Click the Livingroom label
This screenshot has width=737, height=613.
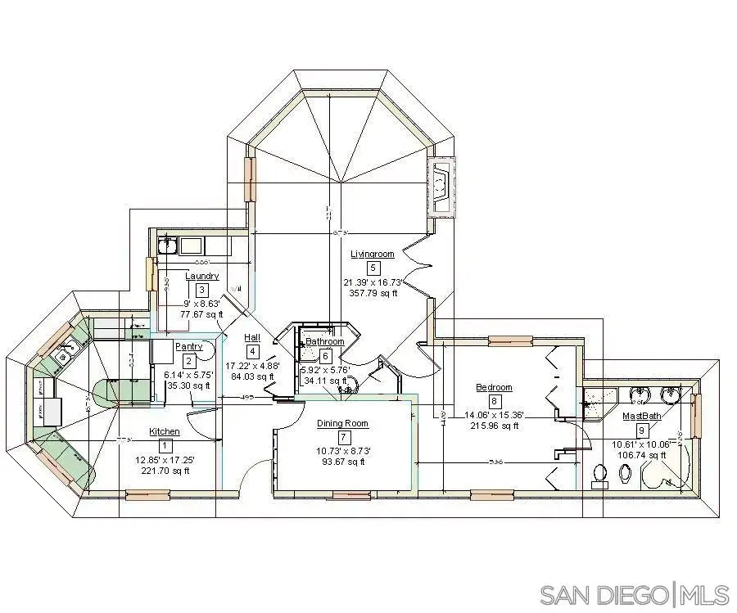point(372,254)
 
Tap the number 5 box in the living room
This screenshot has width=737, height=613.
point(373,268)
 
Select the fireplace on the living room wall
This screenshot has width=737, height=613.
point(441,187)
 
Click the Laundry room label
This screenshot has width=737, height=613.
point(201,276)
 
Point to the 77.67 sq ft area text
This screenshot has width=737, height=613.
point(202,313)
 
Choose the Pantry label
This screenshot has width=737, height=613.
point(188,347)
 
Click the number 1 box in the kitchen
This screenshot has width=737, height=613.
point(165,446)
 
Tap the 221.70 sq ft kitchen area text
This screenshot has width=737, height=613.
point(165,471)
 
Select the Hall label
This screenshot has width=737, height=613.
point(253,337)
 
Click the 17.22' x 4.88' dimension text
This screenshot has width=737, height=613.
point(253,365)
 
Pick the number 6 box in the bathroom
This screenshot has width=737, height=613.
point(325,356)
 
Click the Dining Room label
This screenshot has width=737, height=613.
point(343,424)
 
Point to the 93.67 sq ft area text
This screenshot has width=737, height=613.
point(343,462)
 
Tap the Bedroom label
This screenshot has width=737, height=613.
point(494,387)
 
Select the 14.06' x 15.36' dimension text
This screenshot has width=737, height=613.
point(494,414)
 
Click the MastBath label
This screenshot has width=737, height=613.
point(641,416)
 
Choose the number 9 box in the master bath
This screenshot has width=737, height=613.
point(642,430)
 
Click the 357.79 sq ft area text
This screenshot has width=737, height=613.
point(372,292)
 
